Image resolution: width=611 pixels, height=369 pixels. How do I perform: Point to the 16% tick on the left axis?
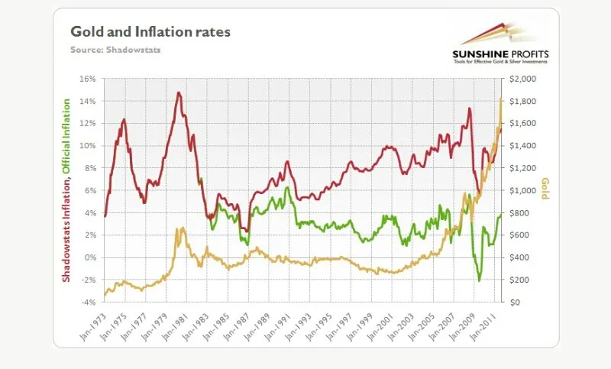pyautogui.click(x=86, y=79)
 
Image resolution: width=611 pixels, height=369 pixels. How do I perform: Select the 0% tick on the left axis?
pyautogui.click(x=89, y=257)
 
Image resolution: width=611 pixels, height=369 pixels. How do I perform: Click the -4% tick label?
pyautogui.click(x=87, y=303)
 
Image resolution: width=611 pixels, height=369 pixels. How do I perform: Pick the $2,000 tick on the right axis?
pyautogui.click(x=523, y=79)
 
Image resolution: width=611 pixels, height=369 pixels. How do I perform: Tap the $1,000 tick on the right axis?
pyautogui.click(x=523, y=190)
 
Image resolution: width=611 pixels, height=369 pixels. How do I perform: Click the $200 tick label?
pyautogui.click(x=519, y=280)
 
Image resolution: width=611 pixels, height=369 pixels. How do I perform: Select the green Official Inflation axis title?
pyautogui.click(x=67, y=134)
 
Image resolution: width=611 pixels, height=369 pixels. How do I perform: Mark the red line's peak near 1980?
pyautogui.click(x=178, y=92)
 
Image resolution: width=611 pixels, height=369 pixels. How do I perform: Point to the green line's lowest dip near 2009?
pyautogui.click(x=480, y=280)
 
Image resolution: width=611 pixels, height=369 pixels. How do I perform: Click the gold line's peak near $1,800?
pyautogui.click(x=500, y=99)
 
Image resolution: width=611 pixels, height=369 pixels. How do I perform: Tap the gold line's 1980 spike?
pyautogui.click(x=178, y=228)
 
